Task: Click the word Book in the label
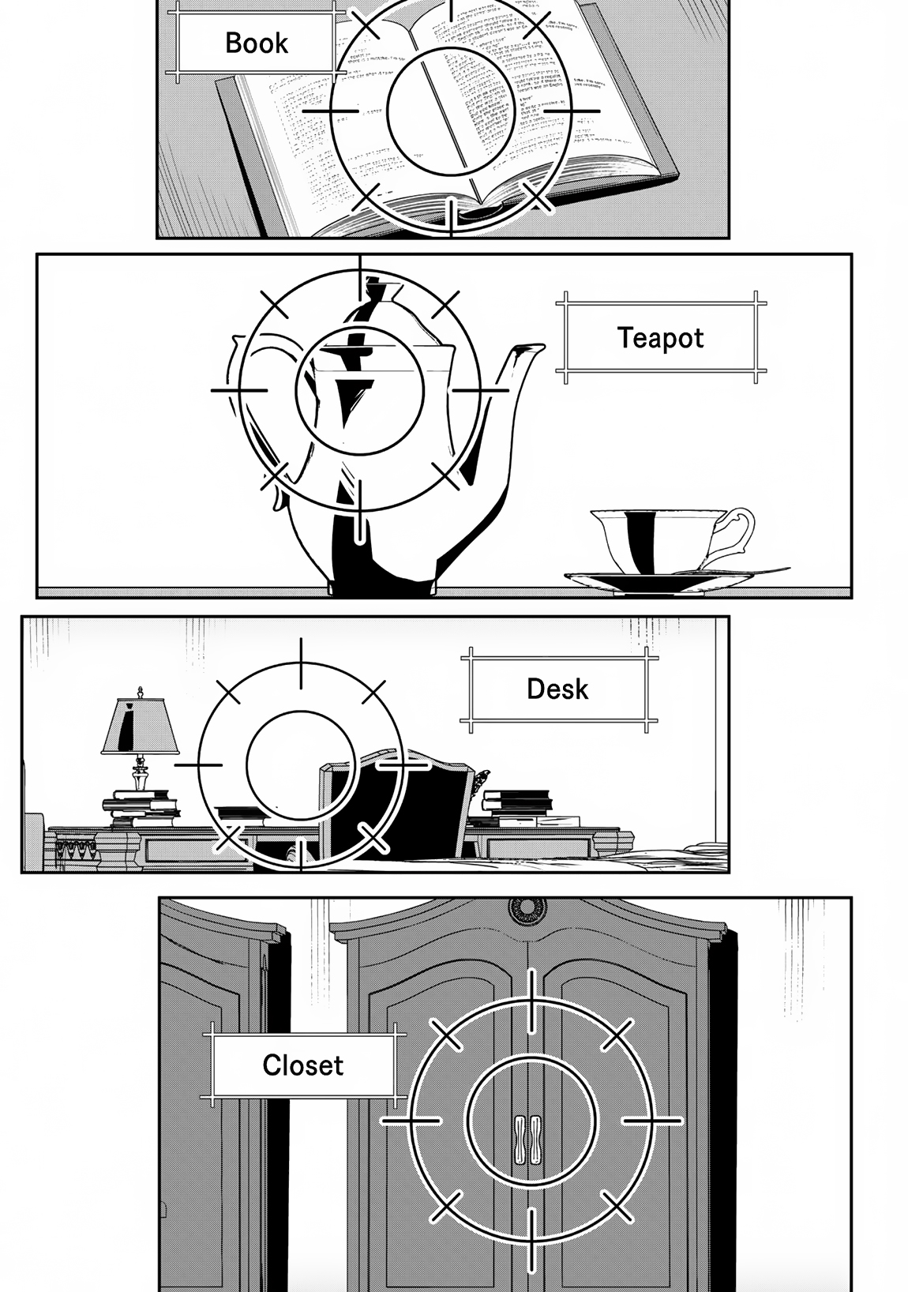[x=257, y=43]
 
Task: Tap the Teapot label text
[x=660, y=338]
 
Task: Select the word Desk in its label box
[x=557, y=689]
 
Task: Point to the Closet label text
[x=302, y=1065]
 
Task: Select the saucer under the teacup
[x=655, y=580]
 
